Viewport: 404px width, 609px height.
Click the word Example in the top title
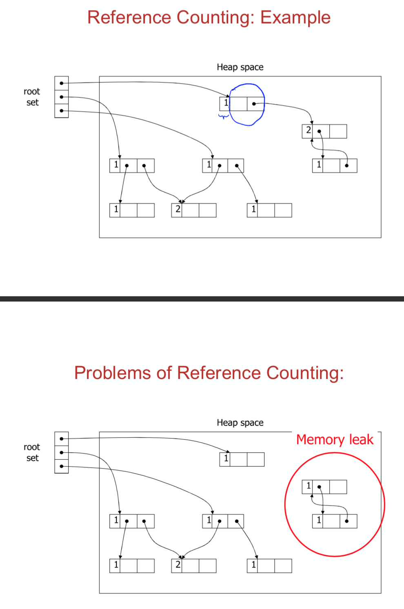295,18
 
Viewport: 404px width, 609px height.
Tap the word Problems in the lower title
112,373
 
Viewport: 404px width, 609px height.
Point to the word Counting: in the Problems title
305,373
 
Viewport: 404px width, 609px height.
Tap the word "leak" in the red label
361,439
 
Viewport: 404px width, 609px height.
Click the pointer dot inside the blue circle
254,104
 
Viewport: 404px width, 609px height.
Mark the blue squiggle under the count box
223,117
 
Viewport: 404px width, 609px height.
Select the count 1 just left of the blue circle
226,103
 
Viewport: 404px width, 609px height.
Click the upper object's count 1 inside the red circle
309,485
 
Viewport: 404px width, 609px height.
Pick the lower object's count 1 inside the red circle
319,520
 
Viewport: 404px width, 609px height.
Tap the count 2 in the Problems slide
178,565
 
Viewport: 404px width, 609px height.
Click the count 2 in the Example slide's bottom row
178,209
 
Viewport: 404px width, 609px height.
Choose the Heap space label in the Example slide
240,67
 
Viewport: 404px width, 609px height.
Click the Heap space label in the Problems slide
240,423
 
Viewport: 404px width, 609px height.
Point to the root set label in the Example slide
32,97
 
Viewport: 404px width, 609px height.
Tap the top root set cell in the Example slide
62,83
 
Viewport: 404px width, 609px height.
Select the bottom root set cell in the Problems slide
62,466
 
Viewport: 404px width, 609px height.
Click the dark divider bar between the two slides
202,299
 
